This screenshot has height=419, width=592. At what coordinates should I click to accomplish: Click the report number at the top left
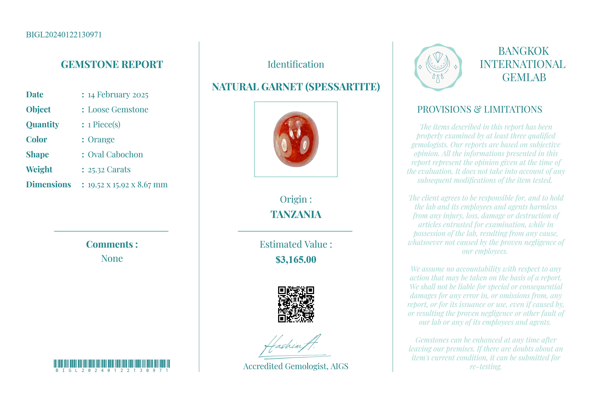64,35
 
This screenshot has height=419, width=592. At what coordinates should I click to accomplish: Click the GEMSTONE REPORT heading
112,65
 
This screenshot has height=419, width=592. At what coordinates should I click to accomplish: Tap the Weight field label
39,170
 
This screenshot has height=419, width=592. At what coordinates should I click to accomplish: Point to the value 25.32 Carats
109,170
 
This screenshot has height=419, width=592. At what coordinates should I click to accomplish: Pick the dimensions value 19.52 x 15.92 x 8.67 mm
128,185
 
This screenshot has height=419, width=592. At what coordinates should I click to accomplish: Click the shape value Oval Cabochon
115,155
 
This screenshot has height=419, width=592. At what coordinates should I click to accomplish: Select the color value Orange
101,140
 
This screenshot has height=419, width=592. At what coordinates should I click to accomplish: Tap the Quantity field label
42,125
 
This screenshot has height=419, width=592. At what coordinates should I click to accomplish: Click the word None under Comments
112,258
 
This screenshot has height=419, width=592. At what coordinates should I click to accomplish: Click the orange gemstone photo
296,139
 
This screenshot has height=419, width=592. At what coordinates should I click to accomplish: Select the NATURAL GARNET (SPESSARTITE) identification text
296,87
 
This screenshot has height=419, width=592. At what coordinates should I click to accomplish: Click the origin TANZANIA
296,214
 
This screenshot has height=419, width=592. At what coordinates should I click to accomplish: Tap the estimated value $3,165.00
296,260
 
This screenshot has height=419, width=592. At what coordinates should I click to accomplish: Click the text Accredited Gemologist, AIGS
296,366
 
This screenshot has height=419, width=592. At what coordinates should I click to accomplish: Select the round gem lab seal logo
438,67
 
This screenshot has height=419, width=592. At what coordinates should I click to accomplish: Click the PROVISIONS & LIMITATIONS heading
480,110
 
